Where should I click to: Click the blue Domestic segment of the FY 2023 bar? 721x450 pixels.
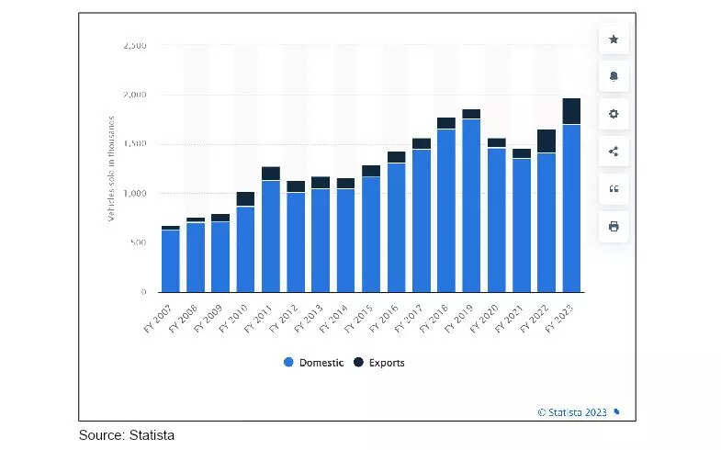point(571,208)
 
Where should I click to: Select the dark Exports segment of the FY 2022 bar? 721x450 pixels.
point(546,141)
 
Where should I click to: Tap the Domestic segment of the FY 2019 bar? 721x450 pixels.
point(471,205)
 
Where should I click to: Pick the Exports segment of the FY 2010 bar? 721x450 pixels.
point(245,198)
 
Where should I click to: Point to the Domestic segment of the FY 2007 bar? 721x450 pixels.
point(170,260)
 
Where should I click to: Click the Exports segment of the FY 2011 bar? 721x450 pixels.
point(270,174)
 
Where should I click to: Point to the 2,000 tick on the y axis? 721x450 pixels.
point(134,95)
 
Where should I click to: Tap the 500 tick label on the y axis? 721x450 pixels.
point(138,242)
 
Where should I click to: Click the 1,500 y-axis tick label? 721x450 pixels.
point(134,144)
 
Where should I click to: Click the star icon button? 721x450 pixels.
point(614,39)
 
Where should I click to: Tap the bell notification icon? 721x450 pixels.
point(614,76)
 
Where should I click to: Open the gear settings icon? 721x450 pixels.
point(614,114)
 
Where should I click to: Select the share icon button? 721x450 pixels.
point(614,152)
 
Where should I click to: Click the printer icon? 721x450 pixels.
point(614,226)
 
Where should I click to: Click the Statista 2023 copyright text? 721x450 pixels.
point(573,412)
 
